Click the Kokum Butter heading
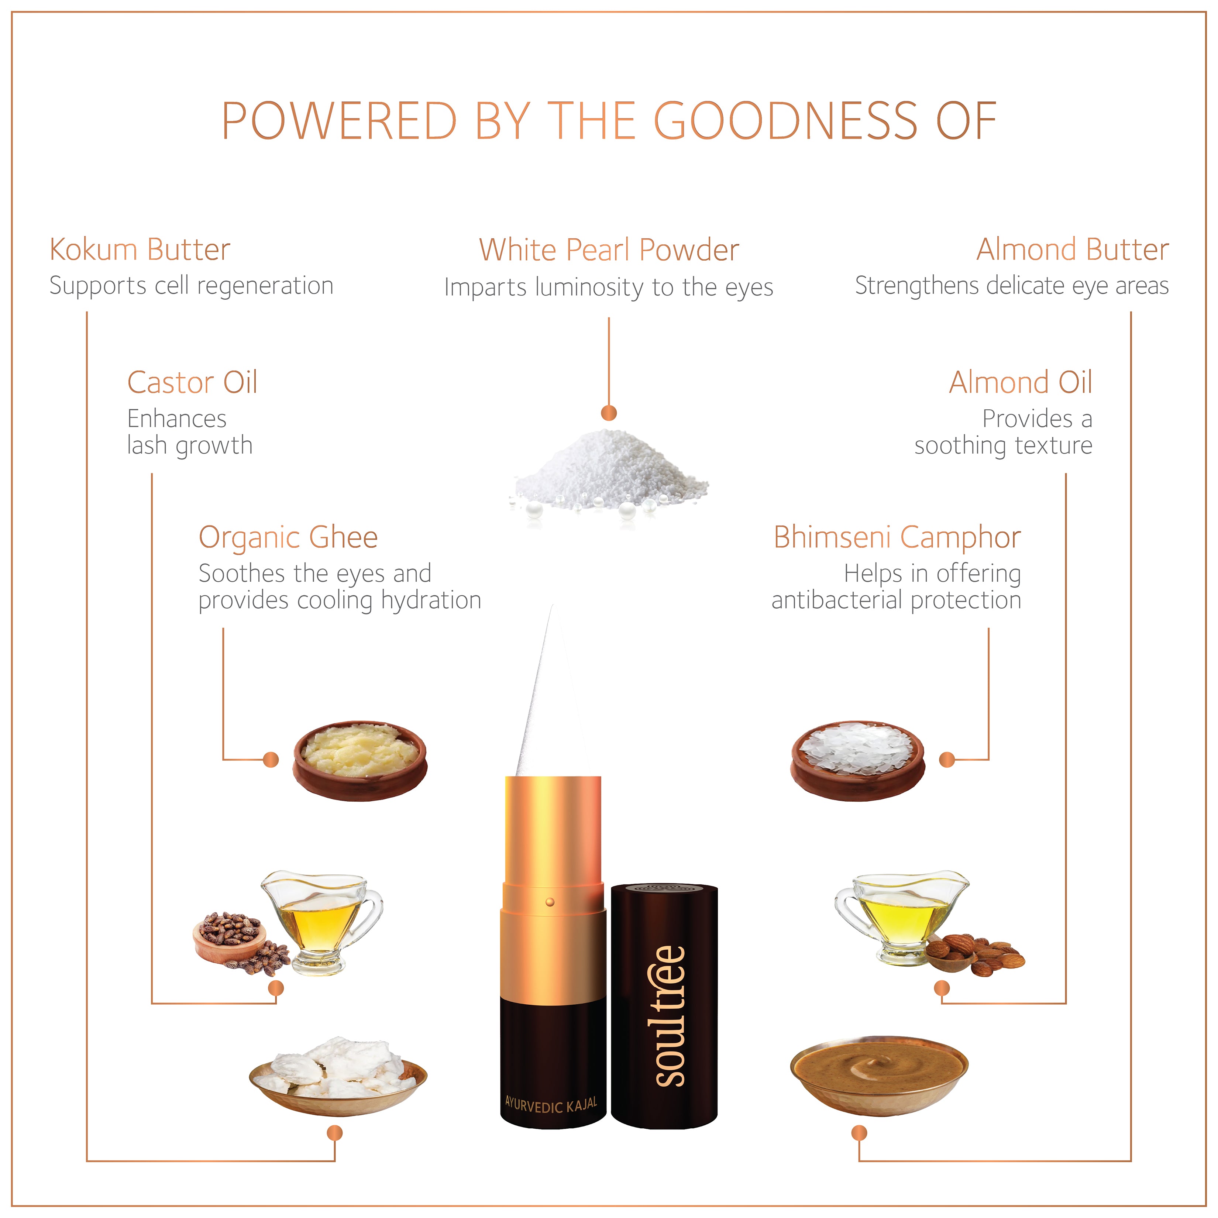140,250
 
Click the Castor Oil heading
192,382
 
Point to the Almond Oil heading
1021,382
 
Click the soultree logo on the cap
669,1016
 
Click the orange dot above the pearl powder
609,413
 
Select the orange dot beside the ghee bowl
271,760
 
